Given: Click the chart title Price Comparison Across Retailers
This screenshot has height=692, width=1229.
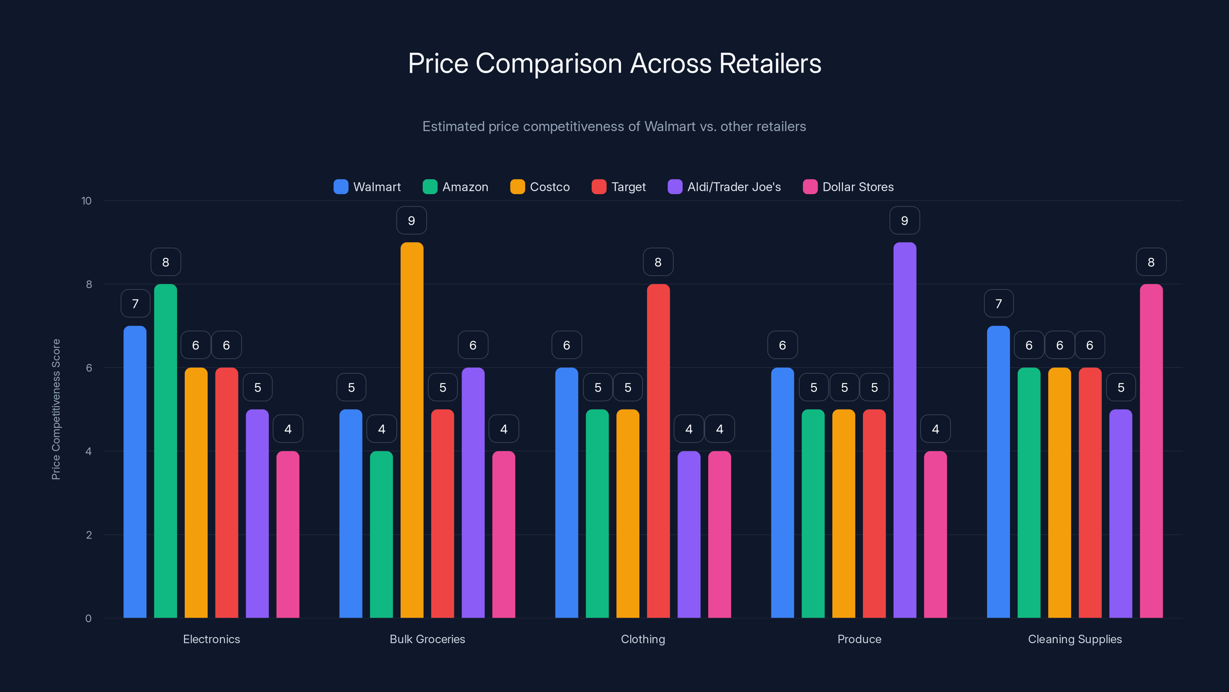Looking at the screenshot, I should pos(614,63).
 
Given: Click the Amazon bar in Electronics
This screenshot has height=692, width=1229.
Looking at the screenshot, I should pos(166,451).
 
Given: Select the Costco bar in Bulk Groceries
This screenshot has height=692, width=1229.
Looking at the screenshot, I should pos(412,430).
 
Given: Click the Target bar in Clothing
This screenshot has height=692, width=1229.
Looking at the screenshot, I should pos(658,451).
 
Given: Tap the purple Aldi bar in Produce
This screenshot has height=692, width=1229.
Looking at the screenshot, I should pos(904,430).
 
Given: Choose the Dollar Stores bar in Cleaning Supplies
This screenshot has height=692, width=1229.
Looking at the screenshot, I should pos(1151,451).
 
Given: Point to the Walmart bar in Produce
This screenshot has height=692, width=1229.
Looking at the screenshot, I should pos(782,492).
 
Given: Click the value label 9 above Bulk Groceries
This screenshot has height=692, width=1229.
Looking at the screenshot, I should pos(412,221).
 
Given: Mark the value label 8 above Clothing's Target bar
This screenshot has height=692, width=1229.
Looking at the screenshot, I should pos(658,262).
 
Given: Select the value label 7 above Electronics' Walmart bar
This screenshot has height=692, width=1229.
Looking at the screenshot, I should pos(136,304).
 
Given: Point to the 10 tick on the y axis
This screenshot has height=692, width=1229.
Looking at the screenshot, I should pos(86,201).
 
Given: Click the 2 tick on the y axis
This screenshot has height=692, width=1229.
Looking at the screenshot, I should pos(89,535).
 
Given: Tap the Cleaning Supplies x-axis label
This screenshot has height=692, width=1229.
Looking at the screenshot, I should pos(1075,639).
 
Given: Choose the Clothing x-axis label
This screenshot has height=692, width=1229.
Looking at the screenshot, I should pos(643,639).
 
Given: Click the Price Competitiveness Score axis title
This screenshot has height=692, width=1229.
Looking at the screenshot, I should pos(56,409).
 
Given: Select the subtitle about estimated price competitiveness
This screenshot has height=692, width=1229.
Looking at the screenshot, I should pos(614,126).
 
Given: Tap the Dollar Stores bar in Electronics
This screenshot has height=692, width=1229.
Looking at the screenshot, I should pos(288,534).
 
